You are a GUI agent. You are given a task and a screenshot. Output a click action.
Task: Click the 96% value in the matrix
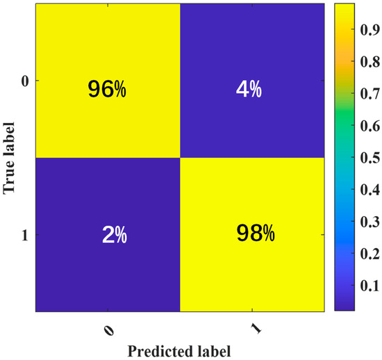pyautogui.click(x=106, y=89)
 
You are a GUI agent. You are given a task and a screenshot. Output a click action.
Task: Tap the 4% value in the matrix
pyautogui.click(x=252, y=89)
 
